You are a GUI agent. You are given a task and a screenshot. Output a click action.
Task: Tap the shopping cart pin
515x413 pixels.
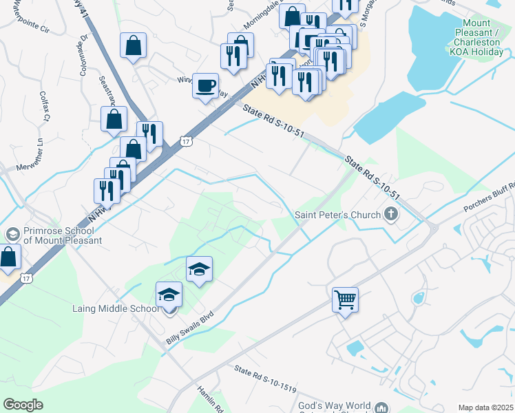[345, 299]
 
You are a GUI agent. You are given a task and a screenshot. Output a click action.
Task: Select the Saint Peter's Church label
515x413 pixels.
[338, 215]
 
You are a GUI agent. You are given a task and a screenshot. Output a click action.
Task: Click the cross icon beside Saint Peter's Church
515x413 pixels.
[391, 215]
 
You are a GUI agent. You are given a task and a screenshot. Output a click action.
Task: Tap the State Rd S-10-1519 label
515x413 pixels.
[265, 379]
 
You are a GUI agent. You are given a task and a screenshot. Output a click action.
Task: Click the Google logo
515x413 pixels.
[23, 404]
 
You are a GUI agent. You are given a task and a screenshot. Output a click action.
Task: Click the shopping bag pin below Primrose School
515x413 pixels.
[8, 258]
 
